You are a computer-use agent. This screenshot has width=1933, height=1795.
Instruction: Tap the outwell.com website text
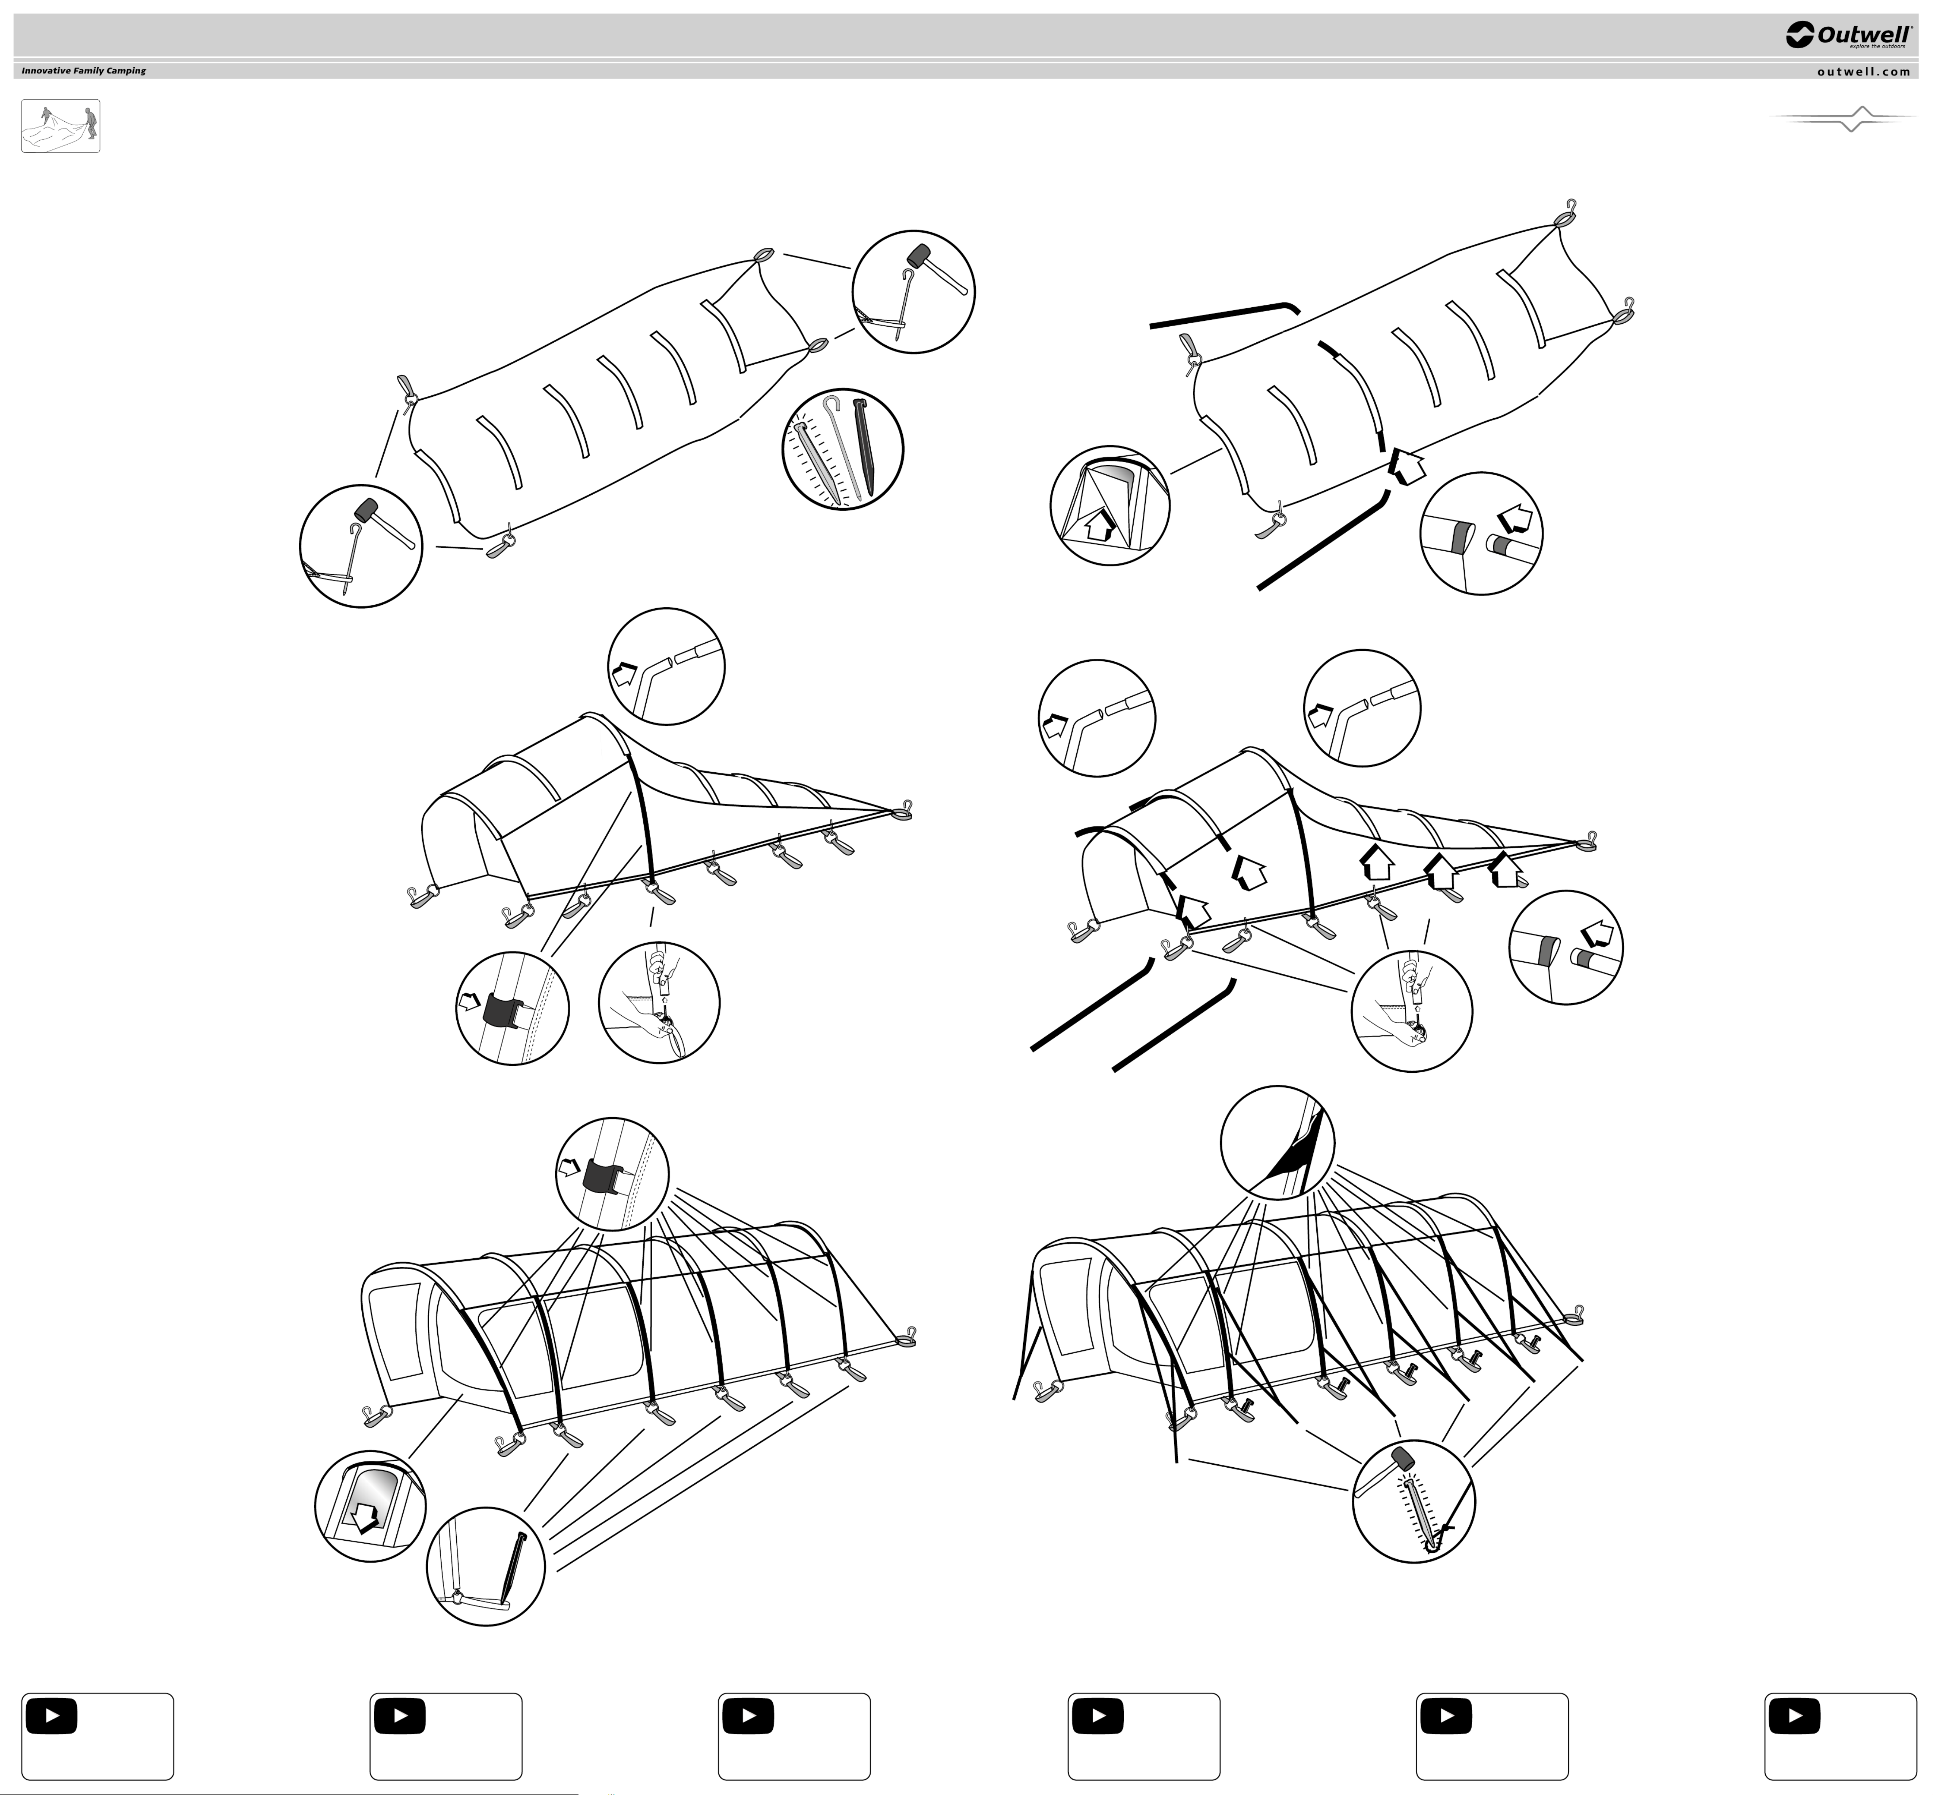(1863, 71)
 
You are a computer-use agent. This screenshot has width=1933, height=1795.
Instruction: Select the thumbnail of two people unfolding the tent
(60, 126)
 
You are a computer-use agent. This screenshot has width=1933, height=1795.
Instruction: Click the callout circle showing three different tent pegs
(842, 449)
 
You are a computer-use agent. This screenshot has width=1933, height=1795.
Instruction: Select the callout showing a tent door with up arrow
(1109, 505)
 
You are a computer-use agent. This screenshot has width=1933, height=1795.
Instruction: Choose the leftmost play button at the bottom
(53, 1715)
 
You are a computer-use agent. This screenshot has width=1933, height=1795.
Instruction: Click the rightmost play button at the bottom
(1795, 1715)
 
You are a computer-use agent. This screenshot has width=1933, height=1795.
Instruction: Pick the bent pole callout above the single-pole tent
(666, 666)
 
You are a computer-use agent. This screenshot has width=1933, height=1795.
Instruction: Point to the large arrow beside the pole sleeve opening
(1405, 464)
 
